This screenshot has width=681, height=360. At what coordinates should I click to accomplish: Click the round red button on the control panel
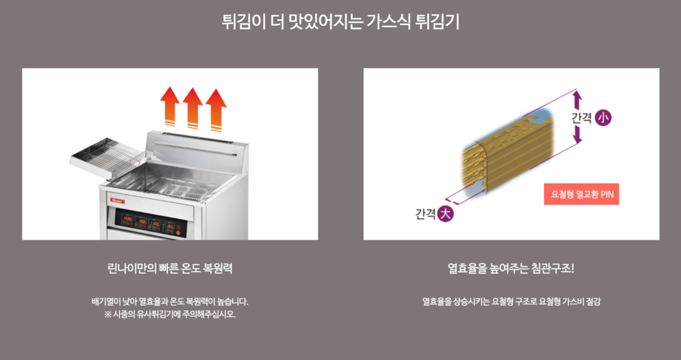pos(179,232)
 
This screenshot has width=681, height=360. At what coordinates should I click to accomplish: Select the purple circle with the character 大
pos(445,214)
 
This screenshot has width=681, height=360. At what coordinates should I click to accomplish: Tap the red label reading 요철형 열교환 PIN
pos(581,195)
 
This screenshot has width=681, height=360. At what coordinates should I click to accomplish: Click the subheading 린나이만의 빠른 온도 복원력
pos(170,268)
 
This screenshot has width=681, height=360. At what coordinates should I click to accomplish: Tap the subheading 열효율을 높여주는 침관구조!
pos(511,268)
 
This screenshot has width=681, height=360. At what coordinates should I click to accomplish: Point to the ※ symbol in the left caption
pos(108,315)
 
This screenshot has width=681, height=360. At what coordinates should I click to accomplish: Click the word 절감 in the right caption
pos(591,301)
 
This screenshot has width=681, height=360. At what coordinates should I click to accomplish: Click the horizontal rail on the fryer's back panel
pos(197,144)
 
